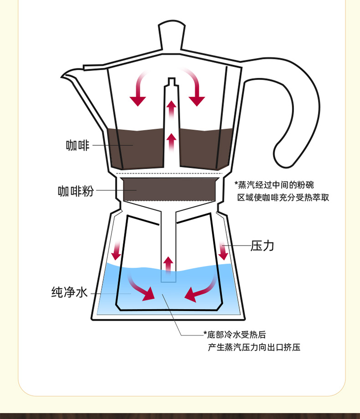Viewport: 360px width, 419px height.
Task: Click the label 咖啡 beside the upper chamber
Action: click(x=77, y=146)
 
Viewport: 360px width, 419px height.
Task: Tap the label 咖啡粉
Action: click(x=76, y=191)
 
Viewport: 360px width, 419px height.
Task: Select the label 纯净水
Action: click(x=69, y=292)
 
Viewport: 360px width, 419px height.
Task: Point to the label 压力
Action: click(x=262, y=246)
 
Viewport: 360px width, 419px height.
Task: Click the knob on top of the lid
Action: click(x=172, y=34)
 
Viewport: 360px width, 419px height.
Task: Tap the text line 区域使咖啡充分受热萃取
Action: click(x=283, y=197)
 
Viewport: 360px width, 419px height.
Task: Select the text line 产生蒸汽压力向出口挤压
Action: click(x=254, y=347)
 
